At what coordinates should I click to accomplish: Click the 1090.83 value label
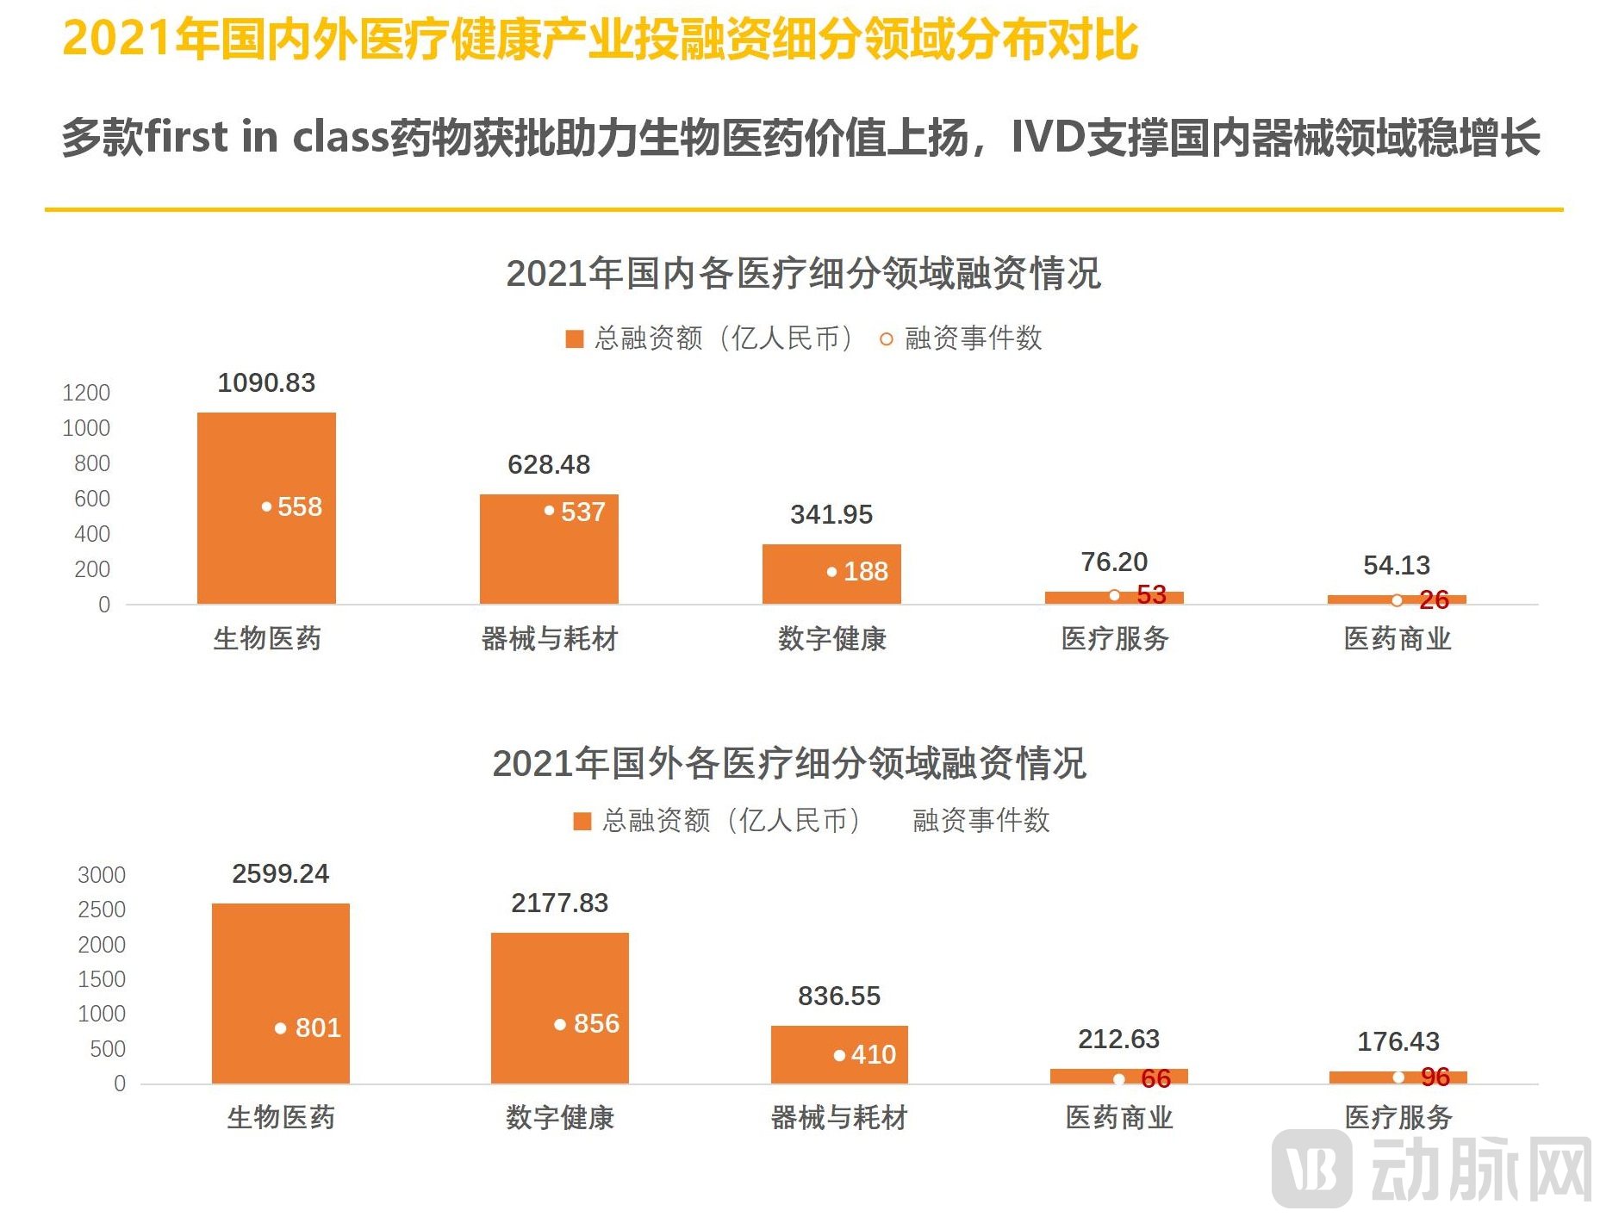(266, 382)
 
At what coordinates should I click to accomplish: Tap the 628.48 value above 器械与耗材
(549, 464)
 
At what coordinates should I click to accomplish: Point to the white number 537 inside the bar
(582, 512)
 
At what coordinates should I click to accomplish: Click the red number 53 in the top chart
(1151, 594)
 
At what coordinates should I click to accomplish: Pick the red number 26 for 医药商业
(1434, 599)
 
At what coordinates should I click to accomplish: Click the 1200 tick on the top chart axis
(86, 393)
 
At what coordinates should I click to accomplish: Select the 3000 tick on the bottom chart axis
(102, 875)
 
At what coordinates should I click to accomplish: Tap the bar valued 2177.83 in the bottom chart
(560, 1008)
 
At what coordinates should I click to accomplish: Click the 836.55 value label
(839, 996)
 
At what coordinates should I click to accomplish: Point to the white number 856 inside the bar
(596, 1023)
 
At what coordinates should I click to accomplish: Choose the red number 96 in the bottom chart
(1435, 1077)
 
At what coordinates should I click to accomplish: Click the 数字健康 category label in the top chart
(831, 639)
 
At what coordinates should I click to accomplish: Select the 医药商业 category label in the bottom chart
(1119, 1118)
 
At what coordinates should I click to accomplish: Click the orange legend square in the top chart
(575, 338)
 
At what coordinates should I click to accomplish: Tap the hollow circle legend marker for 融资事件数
(886, 339)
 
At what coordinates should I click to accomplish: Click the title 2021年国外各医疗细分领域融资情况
(789, 763)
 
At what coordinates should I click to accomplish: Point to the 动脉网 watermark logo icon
(1312, 1168)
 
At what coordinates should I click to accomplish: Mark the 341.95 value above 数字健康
(831, 514)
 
